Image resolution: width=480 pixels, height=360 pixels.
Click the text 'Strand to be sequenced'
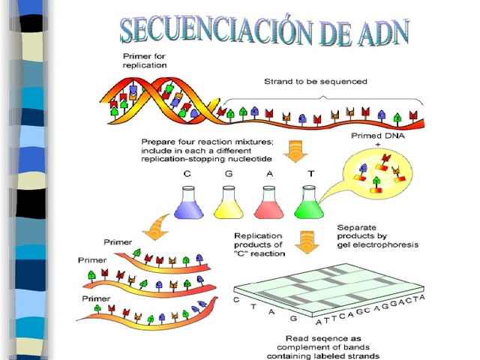pyautogui.click(x=315, y=81)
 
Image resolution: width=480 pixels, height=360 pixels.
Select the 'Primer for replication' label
pyautogui.click(x=145, y=61)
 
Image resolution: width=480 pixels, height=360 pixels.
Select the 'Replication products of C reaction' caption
pyautogui.click(x=259, y=244)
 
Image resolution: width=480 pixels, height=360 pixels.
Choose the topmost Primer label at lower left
pyautogui.click(x=118, y=243)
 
